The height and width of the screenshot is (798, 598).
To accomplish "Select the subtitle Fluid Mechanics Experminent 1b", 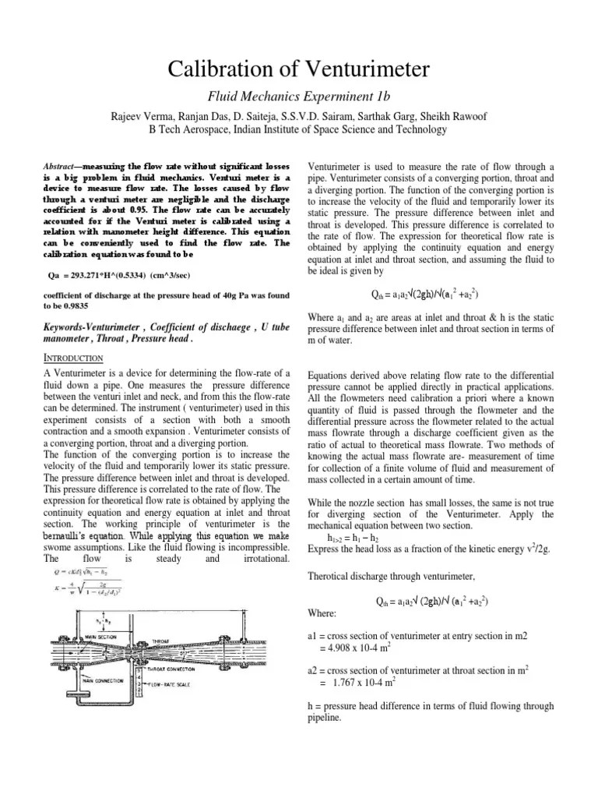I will pos(299,97).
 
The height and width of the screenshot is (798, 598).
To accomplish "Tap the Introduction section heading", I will pos(72,358).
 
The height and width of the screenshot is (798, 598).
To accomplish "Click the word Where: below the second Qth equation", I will pos(323,614).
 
